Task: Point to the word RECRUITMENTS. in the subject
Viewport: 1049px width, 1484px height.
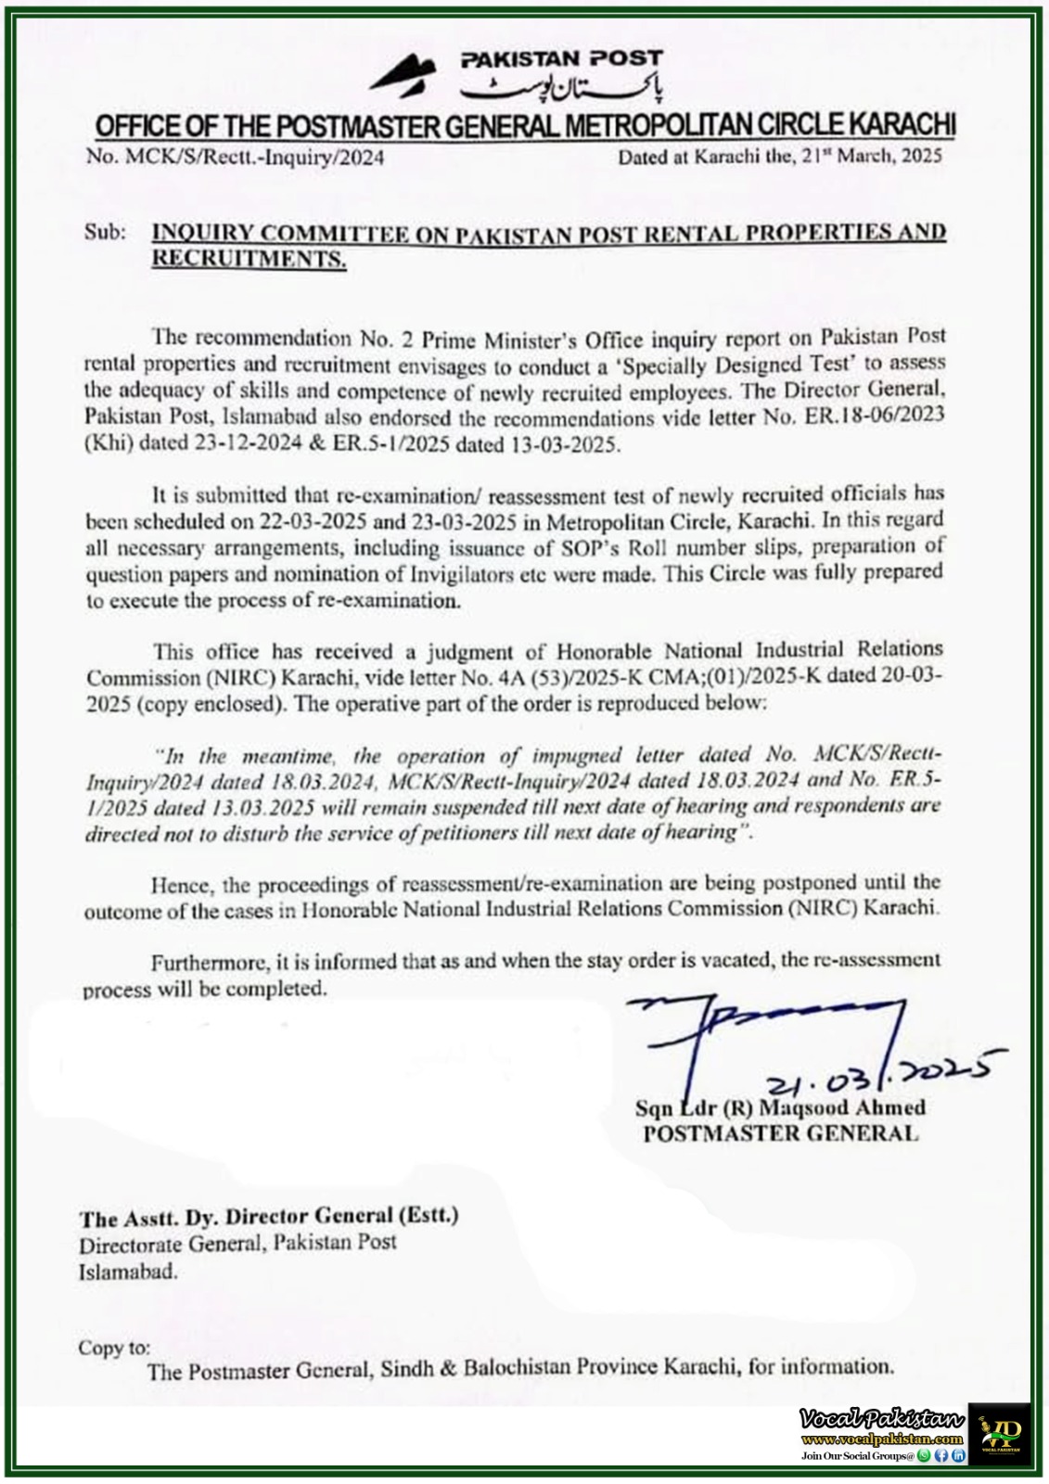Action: tap(249, 260)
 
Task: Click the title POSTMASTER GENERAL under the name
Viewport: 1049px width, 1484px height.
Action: tap(780, 1132)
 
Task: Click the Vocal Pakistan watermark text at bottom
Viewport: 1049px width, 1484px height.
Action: tap(881, 1419)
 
